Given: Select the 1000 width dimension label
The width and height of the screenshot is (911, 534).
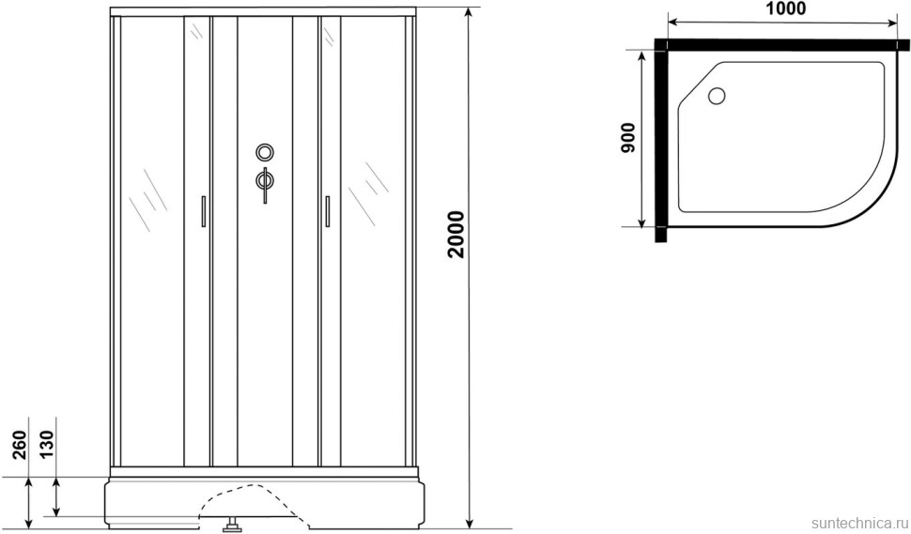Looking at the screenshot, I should tap(786, 11).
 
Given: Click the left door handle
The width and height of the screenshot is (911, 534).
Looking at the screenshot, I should tap(202, 211).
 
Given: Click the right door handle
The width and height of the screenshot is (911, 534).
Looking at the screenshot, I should tap(327, 211).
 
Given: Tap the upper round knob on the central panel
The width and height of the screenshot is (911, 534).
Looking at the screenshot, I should tap(265, 152).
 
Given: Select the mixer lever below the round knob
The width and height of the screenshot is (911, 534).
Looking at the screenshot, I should tap(265, 182).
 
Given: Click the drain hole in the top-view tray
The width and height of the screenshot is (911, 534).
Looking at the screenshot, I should tap(718, 95).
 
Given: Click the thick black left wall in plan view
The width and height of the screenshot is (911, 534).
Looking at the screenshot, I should tap(660, 141).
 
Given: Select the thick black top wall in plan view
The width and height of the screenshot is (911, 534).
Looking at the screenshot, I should tap(784, 44).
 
